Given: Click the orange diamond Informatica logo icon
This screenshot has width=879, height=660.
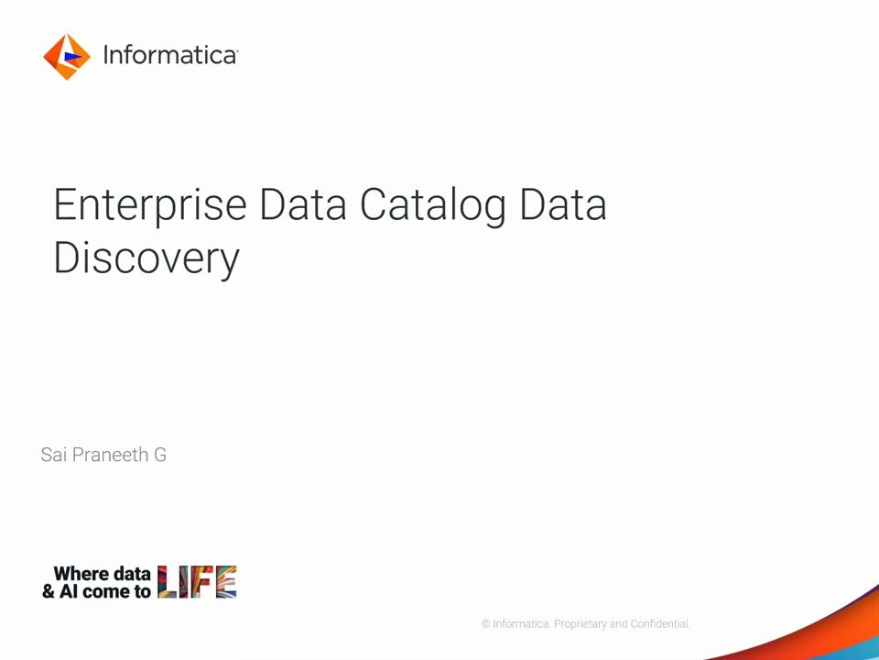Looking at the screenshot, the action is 67,57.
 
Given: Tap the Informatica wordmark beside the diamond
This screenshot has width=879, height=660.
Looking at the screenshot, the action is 170,56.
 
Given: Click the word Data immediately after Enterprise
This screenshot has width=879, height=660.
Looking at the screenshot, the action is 303,204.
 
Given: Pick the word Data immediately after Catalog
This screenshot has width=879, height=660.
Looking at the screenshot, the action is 563,204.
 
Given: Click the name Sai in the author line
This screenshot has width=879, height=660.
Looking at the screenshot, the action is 54,455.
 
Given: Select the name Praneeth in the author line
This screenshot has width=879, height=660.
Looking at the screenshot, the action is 111,455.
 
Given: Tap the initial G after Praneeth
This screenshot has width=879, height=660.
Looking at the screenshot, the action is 160,455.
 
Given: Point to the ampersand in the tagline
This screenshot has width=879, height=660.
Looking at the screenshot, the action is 49,591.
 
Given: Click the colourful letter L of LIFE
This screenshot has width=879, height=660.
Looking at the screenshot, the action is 167,582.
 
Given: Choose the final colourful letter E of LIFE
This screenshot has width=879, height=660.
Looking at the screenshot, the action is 226,582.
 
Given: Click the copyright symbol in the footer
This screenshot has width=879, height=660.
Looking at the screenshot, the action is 485,624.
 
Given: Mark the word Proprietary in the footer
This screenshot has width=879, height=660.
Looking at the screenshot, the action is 581,624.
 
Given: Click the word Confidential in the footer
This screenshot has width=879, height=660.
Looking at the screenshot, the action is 660,624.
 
